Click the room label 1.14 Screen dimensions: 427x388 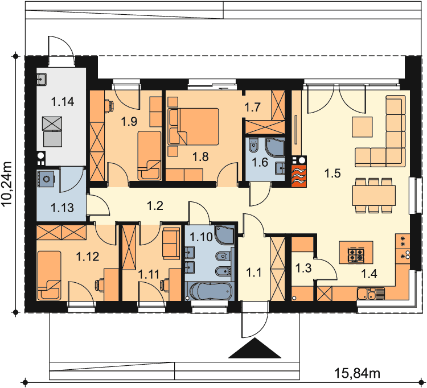pos(63,101)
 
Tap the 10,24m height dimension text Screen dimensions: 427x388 pos(7,184)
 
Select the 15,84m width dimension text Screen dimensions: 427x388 pos(357,373)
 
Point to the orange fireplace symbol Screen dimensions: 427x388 pos(299,176)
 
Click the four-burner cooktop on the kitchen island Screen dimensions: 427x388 pos(356,255)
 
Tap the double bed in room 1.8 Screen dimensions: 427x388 pos(194,126)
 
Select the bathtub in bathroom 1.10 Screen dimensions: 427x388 pos(210,291)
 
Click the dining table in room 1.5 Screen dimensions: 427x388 pos(374,195)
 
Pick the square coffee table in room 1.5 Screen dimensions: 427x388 pos(362,127)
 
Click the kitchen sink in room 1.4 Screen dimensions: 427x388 pos(371,294)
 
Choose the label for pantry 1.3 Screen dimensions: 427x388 pos(303,268)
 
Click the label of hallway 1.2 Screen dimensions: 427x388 pos(155,205)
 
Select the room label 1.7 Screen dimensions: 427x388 pos(252,107)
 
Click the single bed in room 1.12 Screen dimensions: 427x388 pos(49,275)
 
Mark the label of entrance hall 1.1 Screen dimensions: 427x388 pos(253,272)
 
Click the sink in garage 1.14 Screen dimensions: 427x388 pos(42,79)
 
